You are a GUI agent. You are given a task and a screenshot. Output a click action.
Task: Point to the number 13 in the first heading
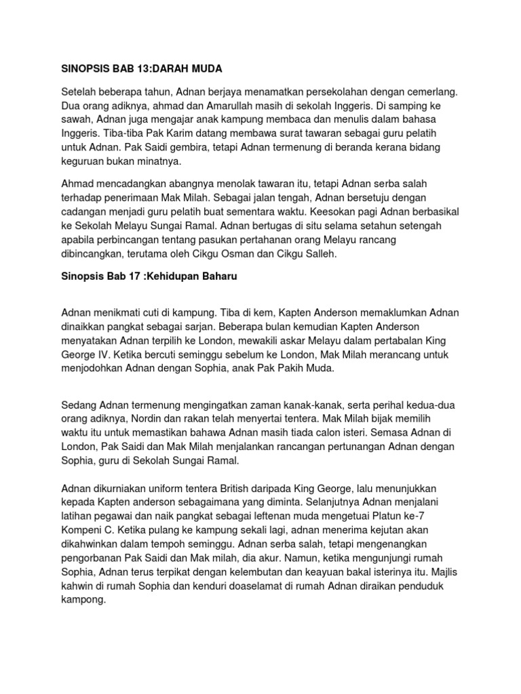[138, 68]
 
